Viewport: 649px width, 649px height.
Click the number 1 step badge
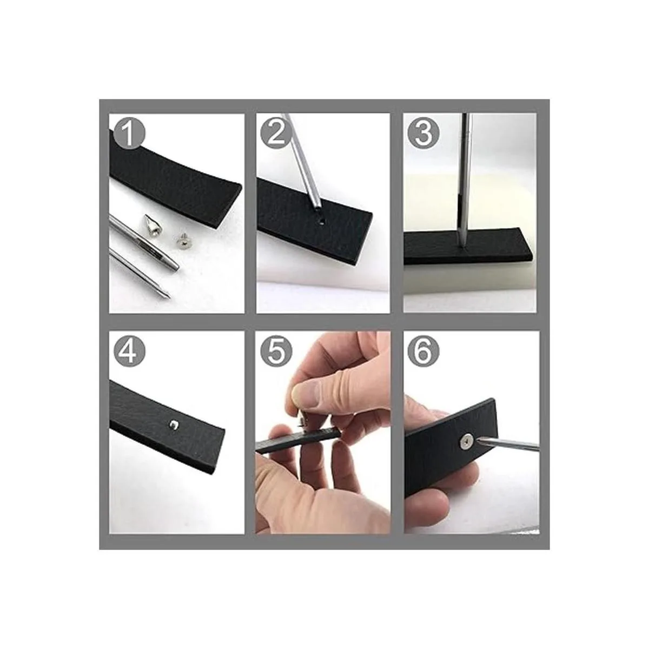(x=129, y=134)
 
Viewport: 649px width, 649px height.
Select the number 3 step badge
(x=423, y=134)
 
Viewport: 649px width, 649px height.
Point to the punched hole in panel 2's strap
(x=322, y=223)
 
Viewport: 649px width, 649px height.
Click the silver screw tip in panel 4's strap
(x=173, y=425)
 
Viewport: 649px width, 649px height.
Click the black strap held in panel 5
(x=297, y=440)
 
